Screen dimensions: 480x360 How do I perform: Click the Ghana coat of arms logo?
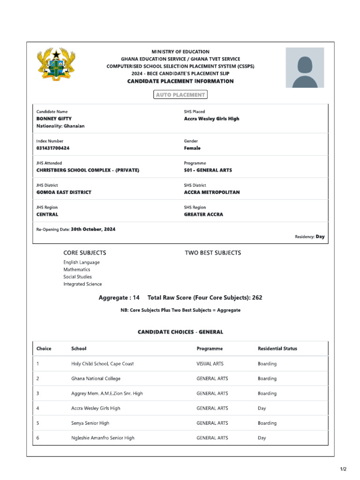coord(57,65)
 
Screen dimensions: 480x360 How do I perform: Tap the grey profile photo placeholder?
coord(305,67)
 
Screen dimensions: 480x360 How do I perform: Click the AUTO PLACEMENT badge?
coord(180,95)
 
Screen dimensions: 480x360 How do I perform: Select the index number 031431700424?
coord(53,148)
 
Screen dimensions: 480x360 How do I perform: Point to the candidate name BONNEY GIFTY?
coord(54,119)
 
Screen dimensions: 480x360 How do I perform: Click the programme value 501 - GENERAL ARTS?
coord(208,170)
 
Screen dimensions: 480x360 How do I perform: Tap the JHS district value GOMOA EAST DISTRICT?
coord(64,192)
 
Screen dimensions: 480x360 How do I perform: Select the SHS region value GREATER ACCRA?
coord(203,214)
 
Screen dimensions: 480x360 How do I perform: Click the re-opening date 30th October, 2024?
coord(93,230)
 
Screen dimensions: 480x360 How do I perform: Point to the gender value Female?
coord(192,148)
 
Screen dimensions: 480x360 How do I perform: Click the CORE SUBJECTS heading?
coord(85,253)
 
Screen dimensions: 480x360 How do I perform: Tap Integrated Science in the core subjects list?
coord(82,284)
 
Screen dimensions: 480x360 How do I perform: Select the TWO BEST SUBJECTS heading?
coord(213,253)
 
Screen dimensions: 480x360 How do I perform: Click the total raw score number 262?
coord(257,298)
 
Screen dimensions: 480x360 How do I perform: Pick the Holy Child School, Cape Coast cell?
coord(102,364)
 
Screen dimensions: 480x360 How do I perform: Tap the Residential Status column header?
coord(277,349)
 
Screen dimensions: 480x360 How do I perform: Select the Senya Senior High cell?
coord(90,423)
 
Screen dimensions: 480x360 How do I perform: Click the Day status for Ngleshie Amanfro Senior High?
coord(262,438)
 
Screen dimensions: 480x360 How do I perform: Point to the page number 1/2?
coord(343,469)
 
